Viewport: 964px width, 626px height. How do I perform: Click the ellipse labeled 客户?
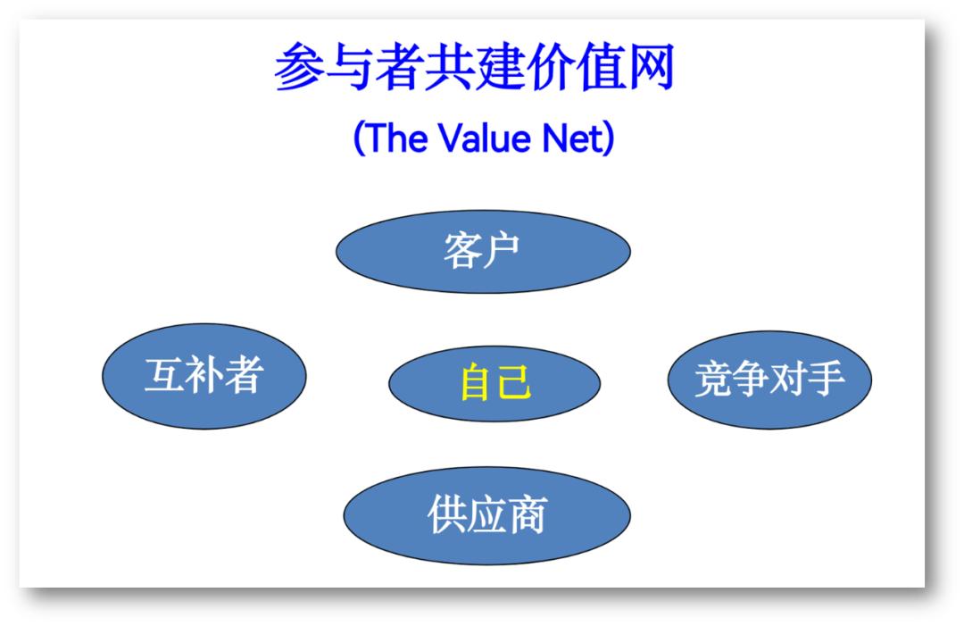483,252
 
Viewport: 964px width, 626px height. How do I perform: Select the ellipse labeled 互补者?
204,376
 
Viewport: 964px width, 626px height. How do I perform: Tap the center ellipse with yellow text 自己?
494,383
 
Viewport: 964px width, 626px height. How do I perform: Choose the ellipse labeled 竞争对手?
769,380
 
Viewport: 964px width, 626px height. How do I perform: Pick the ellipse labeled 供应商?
487,515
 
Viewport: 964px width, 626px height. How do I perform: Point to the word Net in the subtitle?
572,138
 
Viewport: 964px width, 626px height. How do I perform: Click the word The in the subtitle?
396,138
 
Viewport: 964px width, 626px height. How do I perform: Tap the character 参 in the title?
299,66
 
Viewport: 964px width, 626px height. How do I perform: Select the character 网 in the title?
649,66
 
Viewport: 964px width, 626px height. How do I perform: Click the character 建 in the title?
500,66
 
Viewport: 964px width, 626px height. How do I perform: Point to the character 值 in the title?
600,66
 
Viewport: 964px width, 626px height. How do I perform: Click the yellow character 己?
514,382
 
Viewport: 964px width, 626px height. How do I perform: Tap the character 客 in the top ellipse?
462,251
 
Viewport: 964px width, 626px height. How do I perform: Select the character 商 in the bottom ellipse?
528,514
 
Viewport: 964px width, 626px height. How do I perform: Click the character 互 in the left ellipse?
164,375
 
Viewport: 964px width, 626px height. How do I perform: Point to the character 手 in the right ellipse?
825,379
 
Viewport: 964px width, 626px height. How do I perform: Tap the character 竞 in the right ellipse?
714,379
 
